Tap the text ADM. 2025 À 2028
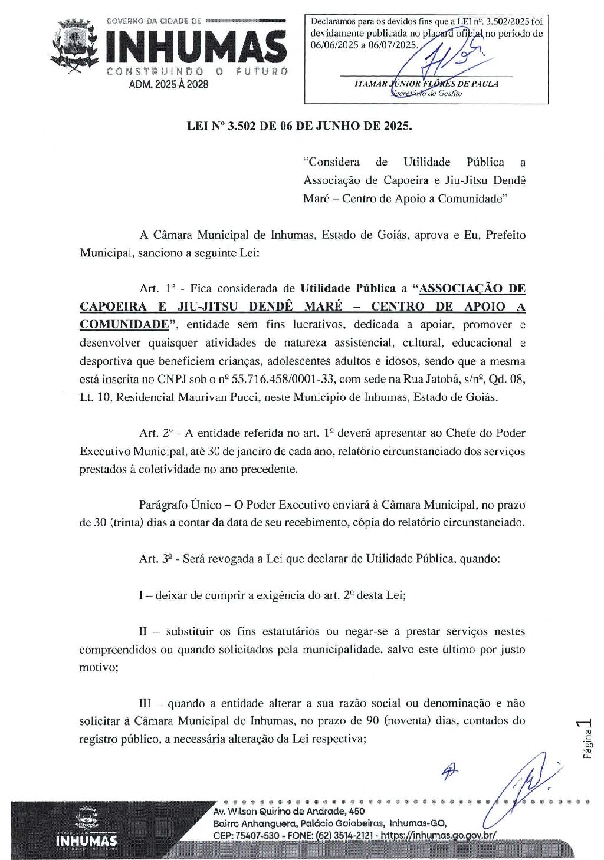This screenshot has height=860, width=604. [x=169, y=84]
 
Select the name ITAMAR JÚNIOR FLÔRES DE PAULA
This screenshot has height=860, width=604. [x=426, y=84]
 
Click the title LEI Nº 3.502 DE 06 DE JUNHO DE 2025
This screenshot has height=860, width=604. [x=300, y=126]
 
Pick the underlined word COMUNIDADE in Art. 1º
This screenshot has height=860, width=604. [x=124, y=325]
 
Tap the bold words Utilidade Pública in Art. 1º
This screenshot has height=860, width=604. [x=348, y=289]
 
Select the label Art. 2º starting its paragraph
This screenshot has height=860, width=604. [x=156, y=433]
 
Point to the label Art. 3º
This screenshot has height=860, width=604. [x=156, y=559]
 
